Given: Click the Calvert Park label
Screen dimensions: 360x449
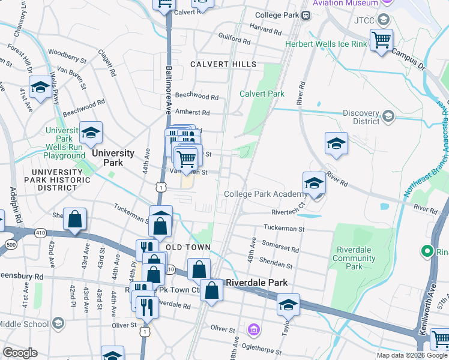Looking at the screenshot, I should tap(262, 94).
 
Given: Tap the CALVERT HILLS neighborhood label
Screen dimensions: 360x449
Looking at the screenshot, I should tap(223, 64).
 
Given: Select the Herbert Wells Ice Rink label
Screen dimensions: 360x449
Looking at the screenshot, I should tap(317, 44).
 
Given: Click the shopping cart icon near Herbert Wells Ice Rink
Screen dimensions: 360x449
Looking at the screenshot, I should tap(381, 40).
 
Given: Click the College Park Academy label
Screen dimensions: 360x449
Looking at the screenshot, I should tap(265, 194).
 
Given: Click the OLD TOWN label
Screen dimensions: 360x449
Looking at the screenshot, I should tap(188, 247).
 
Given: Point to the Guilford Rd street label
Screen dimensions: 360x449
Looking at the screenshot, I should tap(234, 41).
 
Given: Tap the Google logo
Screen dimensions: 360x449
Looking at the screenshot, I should tap(20, 353).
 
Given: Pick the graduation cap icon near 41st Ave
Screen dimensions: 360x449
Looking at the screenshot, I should tap(40, 88).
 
